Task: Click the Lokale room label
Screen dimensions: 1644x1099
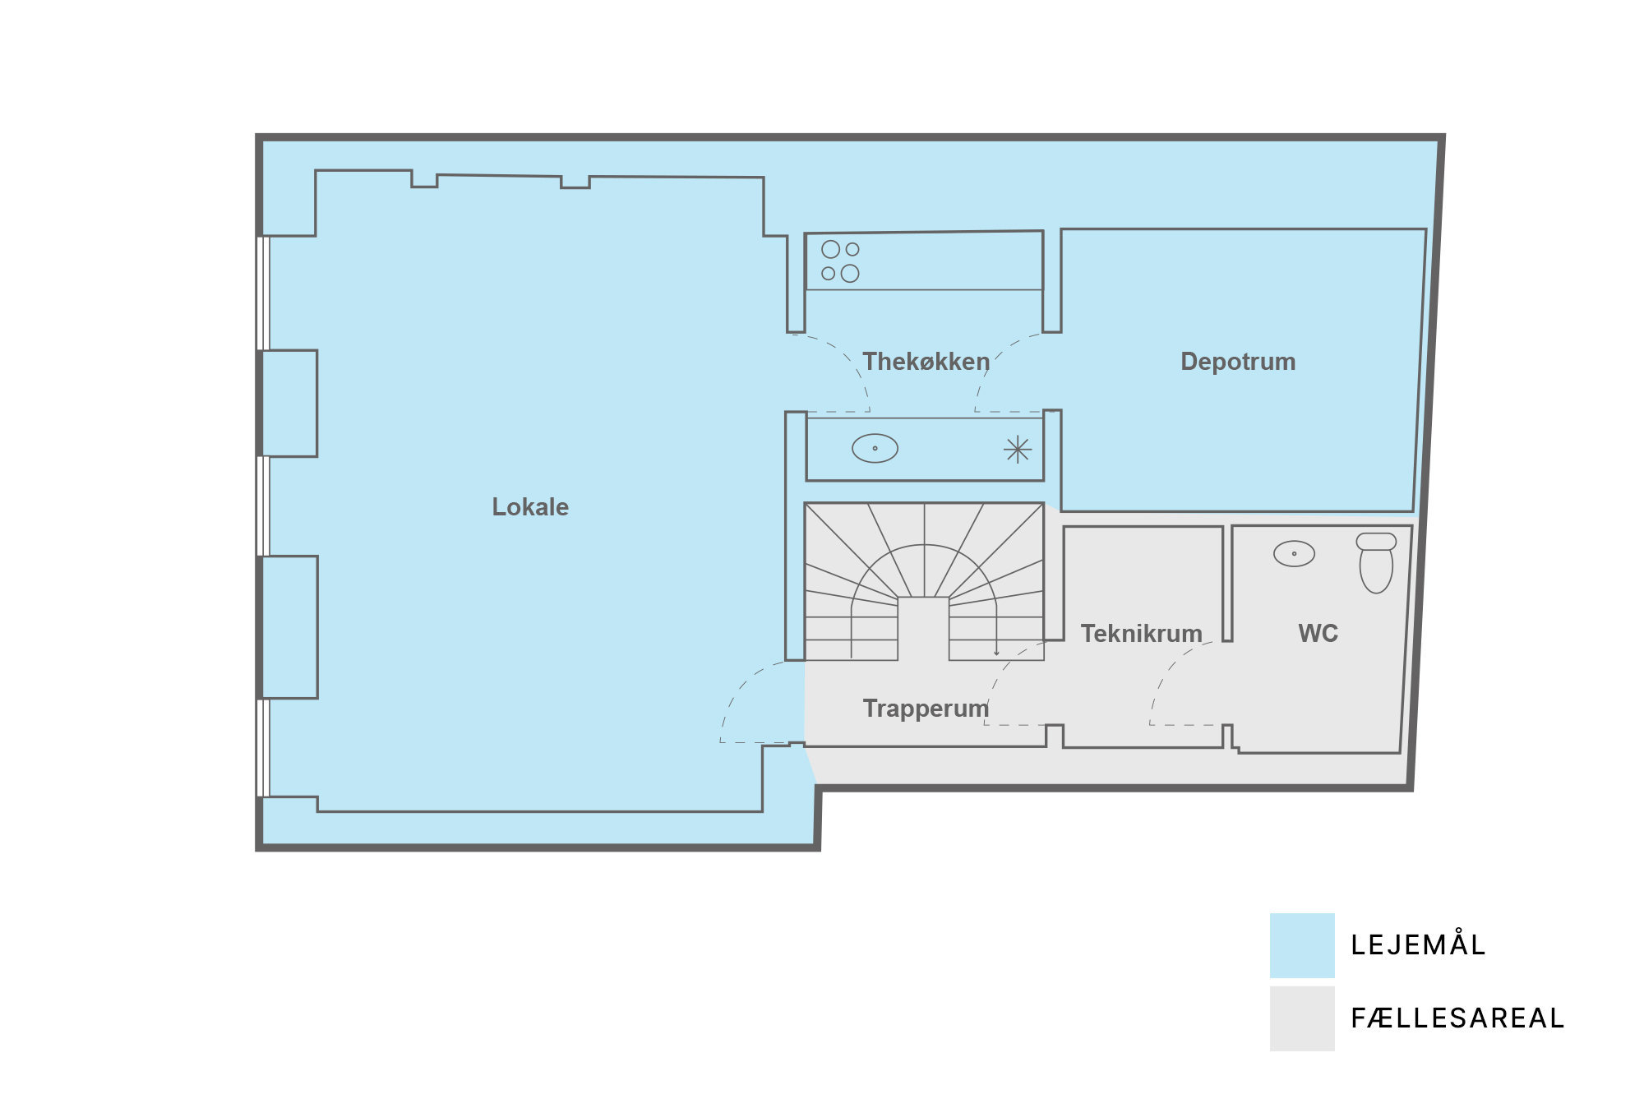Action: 530,507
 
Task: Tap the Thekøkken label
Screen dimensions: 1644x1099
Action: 926,362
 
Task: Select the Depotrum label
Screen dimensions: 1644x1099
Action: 1238,362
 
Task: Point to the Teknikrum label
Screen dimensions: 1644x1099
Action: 1141,634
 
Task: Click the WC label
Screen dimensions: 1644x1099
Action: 1318,633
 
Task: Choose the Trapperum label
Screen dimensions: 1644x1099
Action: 926,709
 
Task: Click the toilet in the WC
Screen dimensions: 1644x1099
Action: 1376,562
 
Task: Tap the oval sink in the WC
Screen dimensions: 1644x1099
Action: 1294,553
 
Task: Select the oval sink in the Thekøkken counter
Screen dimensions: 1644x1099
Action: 875,448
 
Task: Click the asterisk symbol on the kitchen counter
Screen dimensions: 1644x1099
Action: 1018,450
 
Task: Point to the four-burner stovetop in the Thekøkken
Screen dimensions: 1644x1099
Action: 840,261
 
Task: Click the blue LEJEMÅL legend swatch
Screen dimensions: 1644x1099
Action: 1302,945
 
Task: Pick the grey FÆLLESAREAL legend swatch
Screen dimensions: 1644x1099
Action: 1302,1018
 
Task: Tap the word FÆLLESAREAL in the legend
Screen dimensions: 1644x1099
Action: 1457,1018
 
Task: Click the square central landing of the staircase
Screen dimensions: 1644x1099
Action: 923,629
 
